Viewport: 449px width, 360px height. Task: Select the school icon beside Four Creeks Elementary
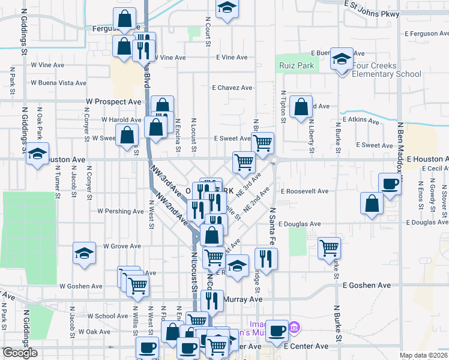[342, 59]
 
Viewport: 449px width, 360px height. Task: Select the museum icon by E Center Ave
[294, 328]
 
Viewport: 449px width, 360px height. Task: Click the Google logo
[20, 353]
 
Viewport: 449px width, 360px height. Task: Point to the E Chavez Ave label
[232, 88]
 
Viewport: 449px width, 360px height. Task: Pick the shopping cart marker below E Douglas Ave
[329, 247]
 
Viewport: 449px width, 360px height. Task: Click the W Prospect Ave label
[113, 102]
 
